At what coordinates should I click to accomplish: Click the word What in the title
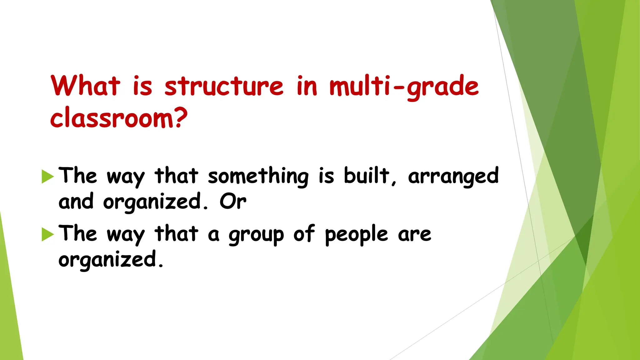coord(85,86)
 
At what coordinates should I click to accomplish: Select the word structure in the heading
coord(224,86)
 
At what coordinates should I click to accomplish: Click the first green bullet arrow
coord(47,177)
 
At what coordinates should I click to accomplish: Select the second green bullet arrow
coord(47,234)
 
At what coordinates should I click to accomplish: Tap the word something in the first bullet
coord(258,176)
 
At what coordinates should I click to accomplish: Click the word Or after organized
coord(233,202)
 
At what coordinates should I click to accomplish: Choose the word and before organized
coord(76,202)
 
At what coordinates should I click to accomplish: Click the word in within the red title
coord(307,86)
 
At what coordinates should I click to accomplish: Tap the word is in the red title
coord(142,86)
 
